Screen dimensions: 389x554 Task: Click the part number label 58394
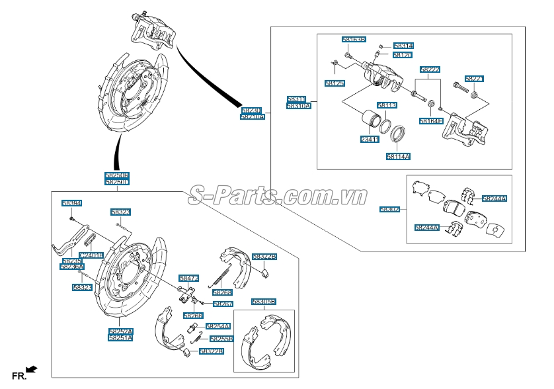pyautogui.click(x=71, y=203)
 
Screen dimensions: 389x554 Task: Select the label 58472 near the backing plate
pyautogui.click(x=188, y=279)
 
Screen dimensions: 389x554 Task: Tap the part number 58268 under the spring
pyautogui.click(x=222, y=292)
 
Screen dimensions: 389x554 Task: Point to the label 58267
pyautogui.click(x=222, y=304)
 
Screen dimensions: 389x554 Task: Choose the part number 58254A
pyautogui.click(x=218, y=326)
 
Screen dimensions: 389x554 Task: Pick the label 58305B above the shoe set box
pyautogui.click(x=263, y=302)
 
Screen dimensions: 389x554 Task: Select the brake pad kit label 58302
pyautogui.click(x=389, y=210)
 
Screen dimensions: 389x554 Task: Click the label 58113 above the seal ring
pyautogui.click(x=387, y=105)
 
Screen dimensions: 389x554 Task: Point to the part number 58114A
pyautogui.click(x=399, y=157)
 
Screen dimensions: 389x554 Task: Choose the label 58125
pyautogui.click(x=335, y=83)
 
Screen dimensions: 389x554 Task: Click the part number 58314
pyautogui.click(x=403, y=46)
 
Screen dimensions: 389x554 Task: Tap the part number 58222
pyautogui.click(x=430, y=69)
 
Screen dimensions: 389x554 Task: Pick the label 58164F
pyautogui.click(x=430, y=121)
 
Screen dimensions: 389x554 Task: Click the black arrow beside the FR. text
pyautogui.click(x=31, y=369)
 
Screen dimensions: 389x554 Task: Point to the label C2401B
pyautogui.click(x=91, y=255)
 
